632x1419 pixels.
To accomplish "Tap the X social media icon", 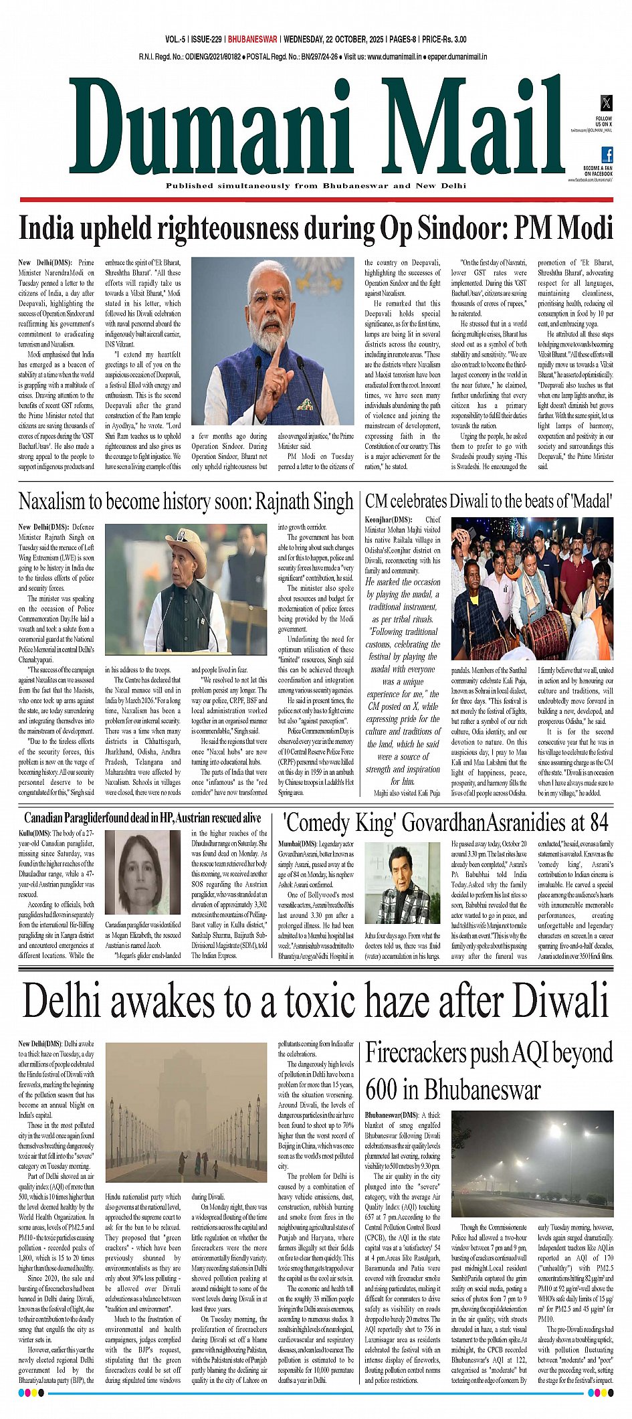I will [x=606, y=102].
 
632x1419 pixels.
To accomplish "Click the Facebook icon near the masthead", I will [x=607, y=155].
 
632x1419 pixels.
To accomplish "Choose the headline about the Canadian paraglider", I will [x=142, y=818].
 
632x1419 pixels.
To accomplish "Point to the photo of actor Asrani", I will [x=401, y=882].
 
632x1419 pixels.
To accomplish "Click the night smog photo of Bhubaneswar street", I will [x=532, y=1165].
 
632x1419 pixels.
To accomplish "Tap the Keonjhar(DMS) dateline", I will [x=389, y=519].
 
